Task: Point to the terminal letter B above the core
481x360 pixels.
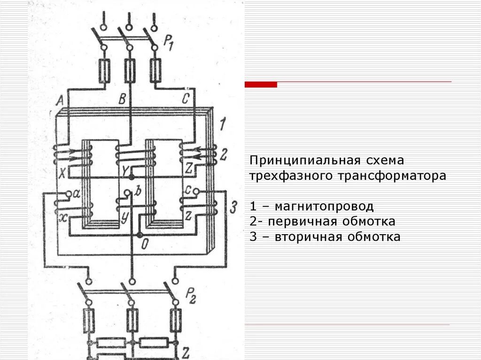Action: tap(122, 99)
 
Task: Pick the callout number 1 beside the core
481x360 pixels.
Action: tap(223, 125)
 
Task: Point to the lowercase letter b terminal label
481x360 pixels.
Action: tap(138, 191)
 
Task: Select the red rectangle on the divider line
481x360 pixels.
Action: tap(261, 84)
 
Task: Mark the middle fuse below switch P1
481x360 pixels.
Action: tap(130, 70)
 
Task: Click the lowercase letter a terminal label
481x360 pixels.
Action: tap(77, 193)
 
